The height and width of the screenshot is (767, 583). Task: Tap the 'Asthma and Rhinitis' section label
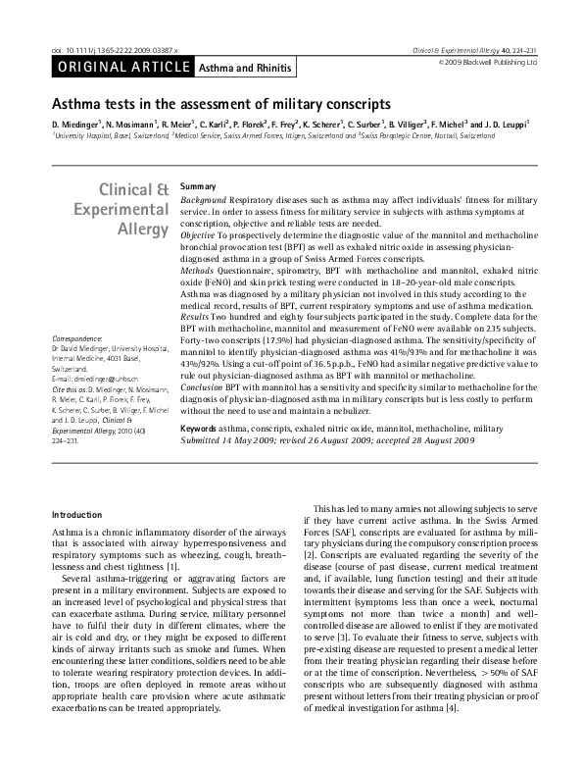pos(235,68)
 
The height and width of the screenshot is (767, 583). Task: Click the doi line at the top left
pos(109,48)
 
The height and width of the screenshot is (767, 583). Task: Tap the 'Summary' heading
pos(198,185)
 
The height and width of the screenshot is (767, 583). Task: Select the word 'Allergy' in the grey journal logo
pos(143,228)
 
